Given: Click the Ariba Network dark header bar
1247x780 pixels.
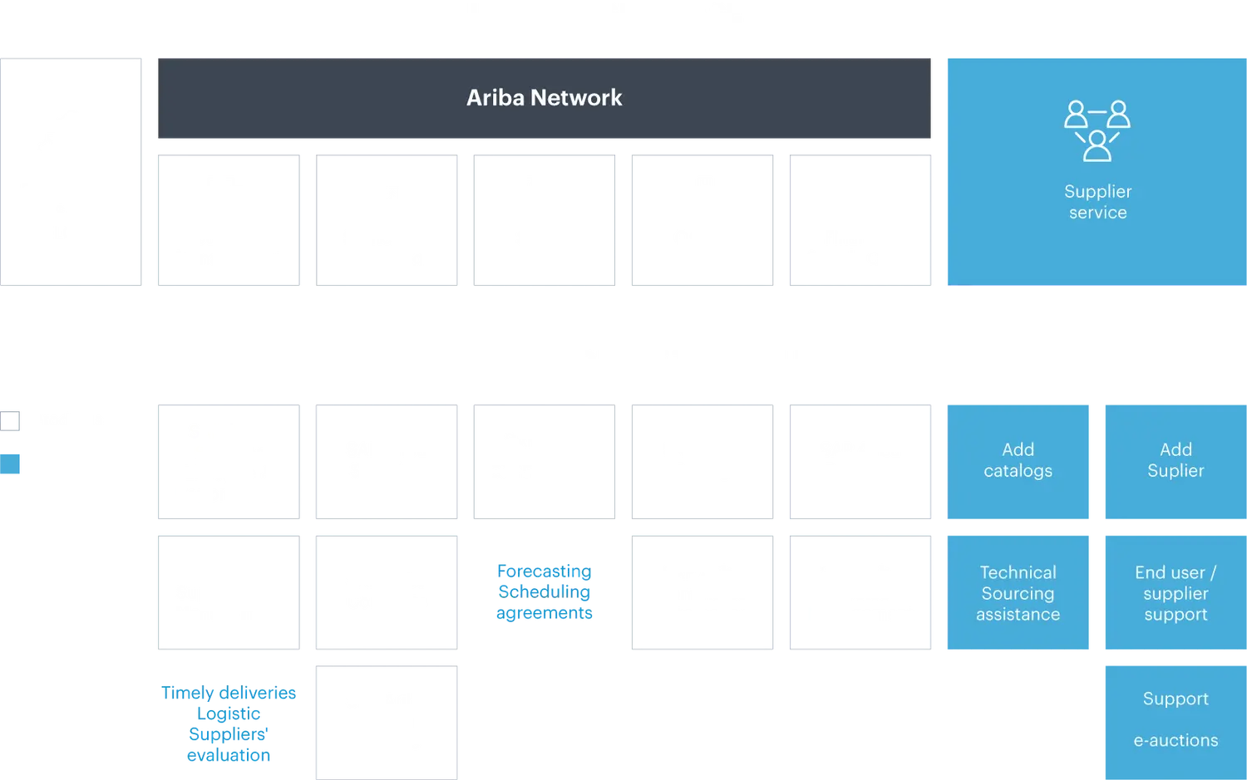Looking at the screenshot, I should [x=545, y=98].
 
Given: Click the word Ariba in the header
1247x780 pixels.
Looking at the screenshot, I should [x=495, y=98].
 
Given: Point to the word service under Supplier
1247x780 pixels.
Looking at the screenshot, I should [x=1097, y=213].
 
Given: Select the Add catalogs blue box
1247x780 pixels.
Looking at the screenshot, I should [x=1018, y=461].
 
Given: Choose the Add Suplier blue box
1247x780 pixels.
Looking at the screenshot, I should [x=1175, y=461].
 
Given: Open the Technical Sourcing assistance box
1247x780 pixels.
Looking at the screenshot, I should [x=1018, y=593].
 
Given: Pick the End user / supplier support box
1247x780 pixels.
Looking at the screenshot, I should [x=1175, y=593].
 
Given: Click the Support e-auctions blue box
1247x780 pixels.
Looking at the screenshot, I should [x=1175, y=719].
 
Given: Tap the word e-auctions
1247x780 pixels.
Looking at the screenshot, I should [x=1176, y=740].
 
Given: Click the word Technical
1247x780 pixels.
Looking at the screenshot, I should [x=1018, y=572].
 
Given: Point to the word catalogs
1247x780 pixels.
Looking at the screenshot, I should [x=1018, y=471].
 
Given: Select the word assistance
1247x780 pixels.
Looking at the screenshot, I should [x=1018, y=615].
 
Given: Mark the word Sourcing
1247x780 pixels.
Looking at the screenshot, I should [x=1018, y=593].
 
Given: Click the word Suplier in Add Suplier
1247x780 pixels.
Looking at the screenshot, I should [x=1176, y=471].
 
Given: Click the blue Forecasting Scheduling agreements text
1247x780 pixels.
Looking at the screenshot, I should [x=544, y=591].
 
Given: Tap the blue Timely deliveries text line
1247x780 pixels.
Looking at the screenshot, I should [x=229, y=694].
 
